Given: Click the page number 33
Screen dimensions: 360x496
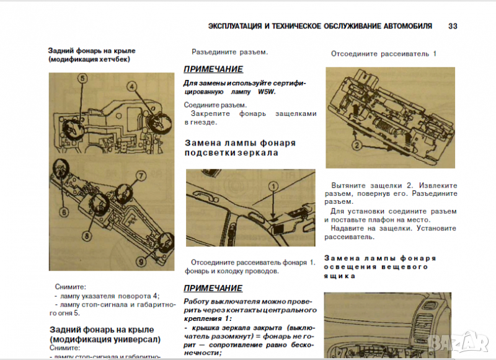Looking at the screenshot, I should (453, 27).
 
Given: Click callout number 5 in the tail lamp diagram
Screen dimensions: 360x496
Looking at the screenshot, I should (82, 79).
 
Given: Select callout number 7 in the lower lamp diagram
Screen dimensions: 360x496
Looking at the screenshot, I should (141, 177).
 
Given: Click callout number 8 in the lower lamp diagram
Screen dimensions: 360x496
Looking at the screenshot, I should (87, 235).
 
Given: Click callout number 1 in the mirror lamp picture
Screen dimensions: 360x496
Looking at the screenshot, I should (271, 186).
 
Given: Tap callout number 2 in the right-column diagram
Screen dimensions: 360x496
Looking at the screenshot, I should (356, 146).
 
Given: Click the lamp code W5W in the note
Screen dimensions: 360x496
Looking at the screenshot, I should (266, 92).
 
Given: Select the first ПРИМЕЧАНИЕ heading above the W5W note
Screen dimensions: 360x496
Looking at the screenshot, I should (213, 69).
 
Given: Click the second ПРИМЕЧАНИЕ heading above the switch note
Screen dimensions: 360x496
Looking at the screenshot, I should (213, 288).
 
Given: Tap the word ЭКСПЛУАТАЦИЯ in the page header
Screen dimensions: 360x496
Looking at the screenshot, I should (235, 27).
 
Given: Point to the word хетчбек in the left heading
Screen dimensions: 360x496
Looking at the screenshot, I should (116, 59).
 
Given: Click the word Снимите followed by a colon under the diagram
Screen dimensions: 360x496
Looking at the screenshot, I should (71, 287).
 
